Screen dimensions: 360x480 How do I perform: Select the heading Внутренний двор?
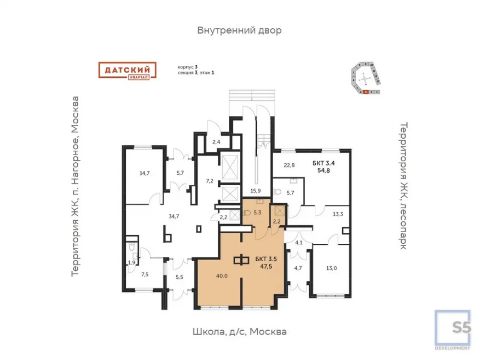239,30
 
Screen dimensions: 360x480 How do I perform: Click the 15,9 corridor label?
256,191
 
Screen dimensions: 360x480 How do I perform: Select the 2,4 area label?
216,142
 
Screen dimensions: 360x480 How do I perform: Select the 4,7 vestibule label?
299,268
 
